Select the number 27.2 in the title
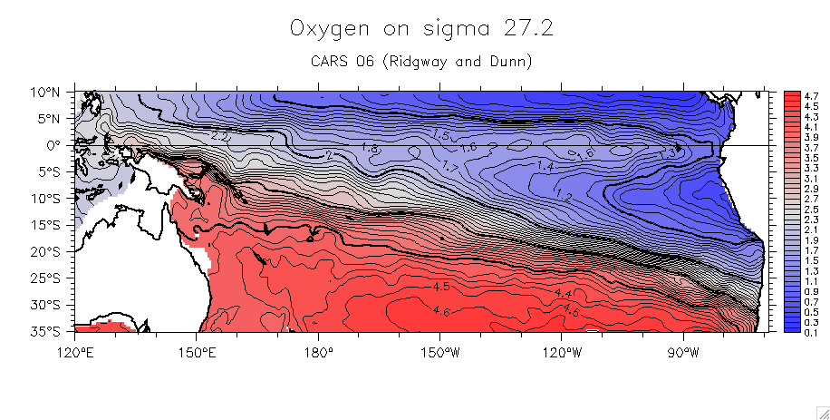point(526,29)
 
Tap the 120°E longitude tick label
point(76,351)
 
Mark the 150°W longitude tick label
point(440,351)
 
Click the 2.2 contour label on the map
point(218,136)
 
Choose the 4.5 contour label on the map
point(441,287)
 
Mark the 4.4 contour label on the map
point(563,294)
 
